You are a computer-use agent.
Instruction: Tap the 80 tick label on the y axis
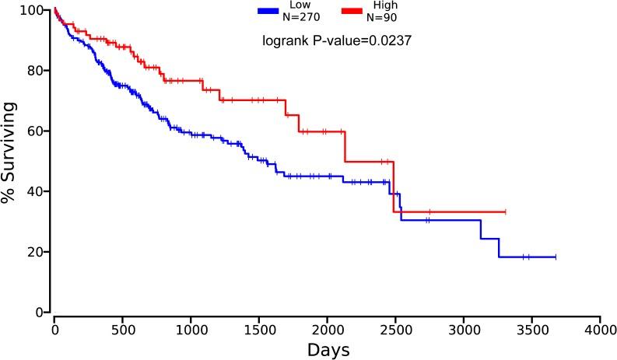[35, 71]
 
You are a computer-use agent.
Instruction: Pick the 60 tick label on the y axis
[35, 131]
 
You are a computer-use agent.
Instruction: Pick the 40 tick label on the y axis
[35, 191]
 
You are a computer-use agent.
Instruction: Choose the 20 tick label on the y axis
[35, 252]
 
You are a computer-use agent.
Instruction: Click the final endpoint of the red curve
[505, 211]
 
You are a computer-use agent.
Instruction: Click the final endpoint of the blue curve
[555, 257]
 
